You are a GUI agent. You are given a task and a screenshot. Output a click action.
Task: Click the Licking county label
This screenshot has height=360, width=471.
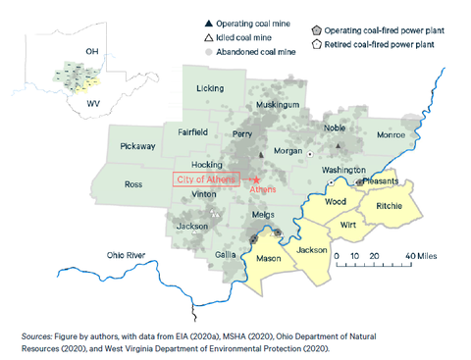pos(210,88)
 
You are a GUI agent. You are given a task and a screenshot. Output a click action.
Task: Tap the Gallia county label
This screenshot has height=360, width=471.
pos(225,254)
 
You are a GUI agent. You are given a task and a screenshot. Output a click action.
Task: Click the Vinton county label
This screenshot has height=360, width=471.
pos(204,195)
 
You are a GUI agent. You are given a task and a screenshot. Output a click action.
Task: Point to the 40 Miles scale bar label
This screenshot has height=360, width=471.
pos(405,255)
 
